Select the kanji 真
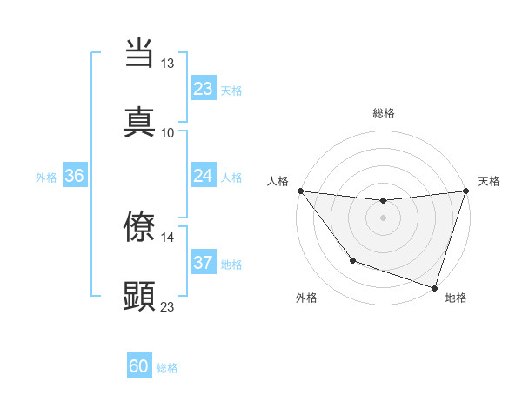[139, 121]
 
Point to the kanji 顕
[139, 294]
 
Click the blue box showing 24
[203, 176]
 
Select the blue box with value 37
[203, 263]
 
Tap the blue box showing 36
[75, 176]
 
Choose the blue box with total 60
[139, 366]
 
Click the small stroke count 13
[168, 64]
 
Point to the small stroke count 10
[168, 132]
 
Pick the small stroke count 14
[168, 238]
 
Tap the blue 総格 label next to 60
[168, 368]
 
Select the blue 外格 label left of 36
[46, 177]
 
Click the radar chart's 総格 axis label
[383, 113]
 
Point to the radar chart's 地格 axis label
[456, 298]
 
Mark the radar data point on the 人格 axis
[300, 191]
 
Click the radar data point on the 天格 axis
[465, 191]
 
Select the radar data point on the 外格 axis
[352, 260]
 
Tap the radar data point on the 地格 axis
[433, 287]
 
